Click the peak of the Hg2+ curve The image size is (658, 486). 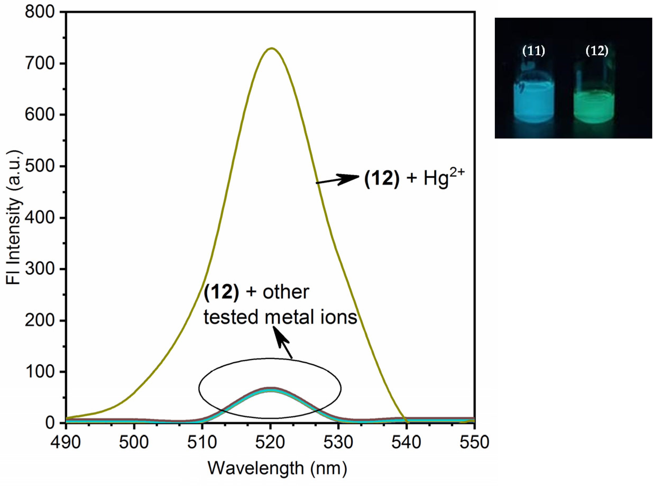pos(271,48)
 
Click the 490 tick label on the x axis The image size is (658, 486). pos(65,442)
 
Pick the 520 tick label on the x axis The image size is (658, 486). pos(270,442)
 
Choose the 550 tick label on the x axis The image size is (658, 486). pos(474,442)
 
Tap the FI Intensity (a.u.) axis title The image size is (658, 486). pos(14,218)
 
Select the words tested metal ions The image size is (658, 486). pos(280,317)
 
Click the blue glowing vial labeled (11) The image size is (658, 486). pos(533,106)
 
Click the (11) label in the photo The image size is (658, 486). pos(533,51)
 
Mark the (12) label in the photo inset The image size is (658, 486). pos(597,51)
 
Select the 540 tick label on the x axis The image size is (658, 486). pos(406,442)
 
